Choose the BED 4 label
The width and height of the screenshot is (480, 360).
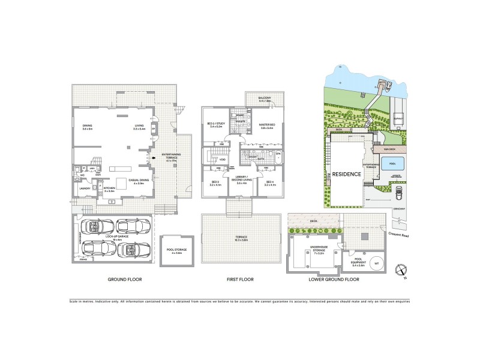pyautogui.click(x=269, y=183)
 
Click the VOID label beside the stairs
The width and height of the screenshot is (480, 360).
pyautogui.click(x=223, y=160)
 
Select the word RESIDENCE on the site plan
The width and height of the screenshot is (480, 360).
pyautogui.click(x=347, y=174)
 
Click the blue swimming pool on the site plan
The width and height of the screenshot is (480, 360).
pyautogui.click(x=393, y=163)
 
